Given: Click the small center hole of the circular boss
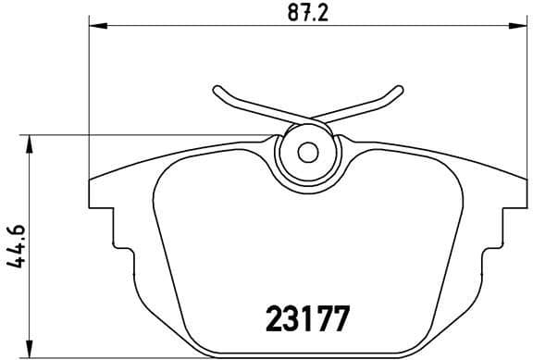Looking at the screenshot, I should (x=309, y=151).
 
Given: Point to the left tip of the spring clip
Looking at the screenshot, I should (x=217, y=90).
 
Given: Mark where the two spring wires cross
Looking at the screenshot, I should (x=309, y=120).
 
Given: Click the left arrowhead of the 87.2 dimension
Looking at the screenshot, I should (x=95, y=27).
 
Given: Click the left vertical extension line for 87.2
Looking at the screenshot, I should (x=89, y=102).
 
